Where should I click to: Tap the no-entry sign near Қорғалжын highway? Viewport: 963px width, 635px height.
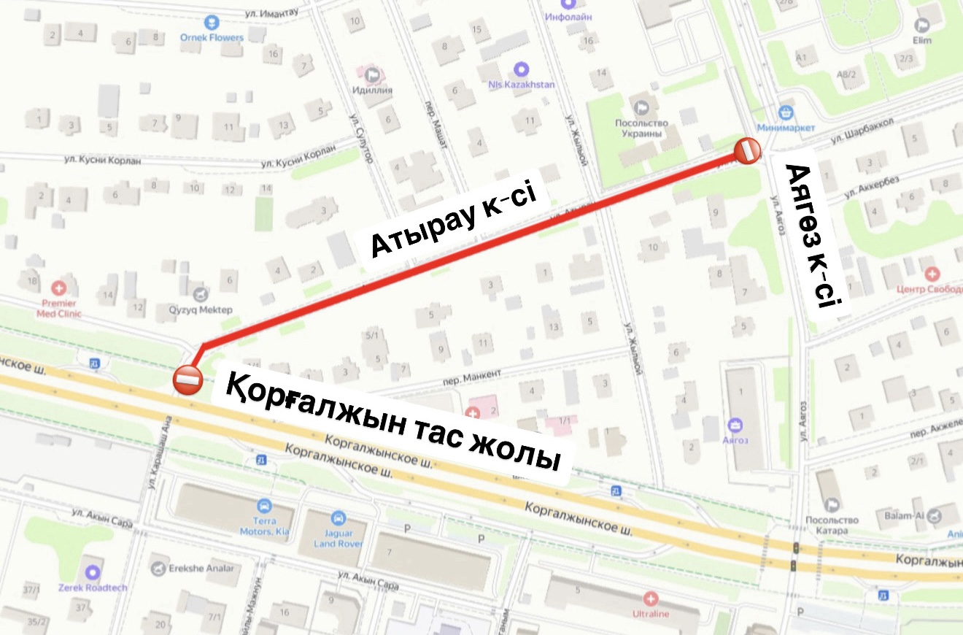(x=187, y=379)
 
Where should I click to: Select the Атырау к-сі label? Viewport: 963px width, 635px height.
(x=453, y=222)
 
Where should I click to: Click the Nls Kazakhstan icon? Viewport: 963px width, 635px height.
(x=521, y=70)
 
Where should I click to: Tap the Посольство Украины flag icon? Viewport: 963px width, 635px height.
(x=642, y=107)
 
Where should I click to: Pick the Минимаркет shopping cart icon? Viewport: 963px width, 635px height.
(x=786, y=112)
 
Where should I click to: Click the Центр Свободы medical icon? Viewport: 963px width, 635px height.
(x=932, y=274)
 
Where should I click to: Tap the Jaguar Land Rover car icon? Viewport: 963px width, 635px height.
(x=338, y=518)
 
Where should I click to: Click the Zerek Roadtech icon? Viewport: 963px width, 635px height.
(x=93, y=573)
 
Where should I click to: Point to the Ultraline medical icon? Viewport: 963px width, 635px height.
(x=651, y=599)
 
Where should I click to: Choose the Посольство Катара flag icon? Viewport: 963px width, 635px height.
(x=833, y=504)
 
